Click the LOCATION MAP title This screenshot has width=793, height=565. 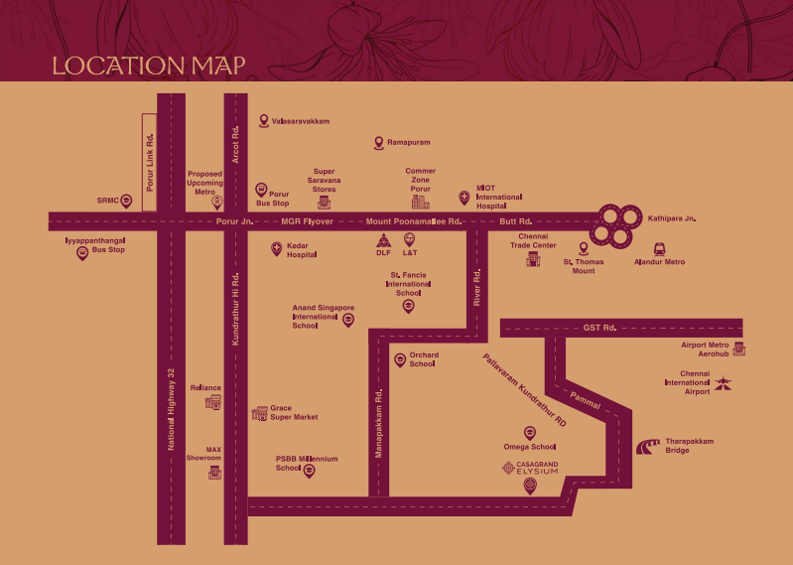coord(149,67)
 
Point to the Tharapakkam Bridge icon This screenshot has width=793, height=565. coord(649,447)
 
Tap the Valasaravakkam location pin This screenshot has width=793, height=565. coord(264,120)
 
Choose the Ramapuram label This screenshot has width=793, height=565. coord(408,143)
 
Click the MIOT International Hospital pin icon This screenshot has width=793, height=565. coord(463,198)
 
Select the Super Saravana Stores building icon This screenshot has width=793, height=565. coord(325,203)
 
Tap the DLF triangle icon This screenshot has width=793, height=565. coord(383,240)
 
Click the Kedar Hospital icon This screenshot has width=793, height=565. coord(276,249)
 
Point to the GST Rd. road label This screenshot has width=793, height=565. coord(599,327)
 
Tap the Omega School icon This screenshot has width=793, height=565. coord(529,432)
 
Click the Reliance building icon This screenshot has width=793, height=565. coord(213,402)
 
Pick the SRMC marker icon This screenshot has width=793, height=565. coord(126,200)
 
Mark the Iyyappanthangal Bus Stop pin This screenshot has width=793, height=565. coord(82,254)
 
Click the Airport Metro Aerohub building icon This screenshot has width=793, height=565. coord(738,349)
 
